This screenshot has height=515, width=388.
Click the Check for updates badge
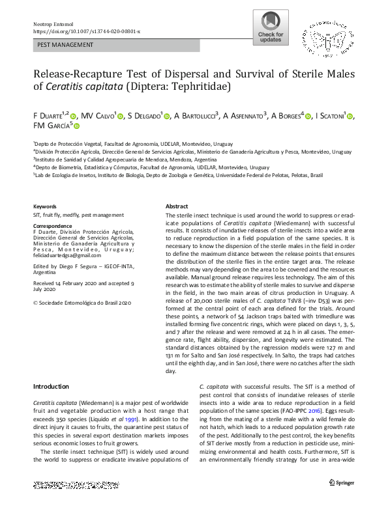coord(271,29)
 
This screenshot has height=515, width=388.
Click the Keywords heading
coord(44,206)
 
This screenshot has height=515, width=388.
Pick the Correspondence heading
coord(54,225)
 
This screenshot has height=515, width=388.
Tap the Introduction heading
coord(51,387)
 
